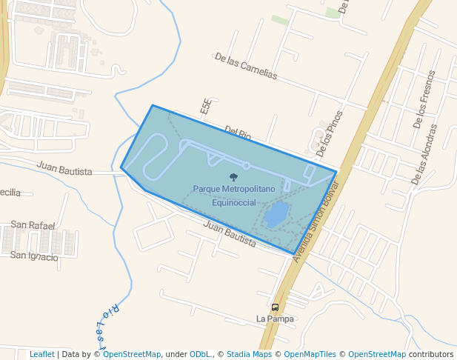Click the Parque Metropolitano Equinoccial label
234,196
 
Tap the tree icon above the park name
234,177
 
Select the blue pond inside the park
276,215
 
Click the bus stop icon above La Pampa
276,307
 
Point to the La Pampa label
275,319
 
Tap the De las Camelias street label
245,67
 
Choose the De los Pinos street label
329,133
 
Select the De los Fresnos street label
427,100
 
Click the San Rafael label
33,224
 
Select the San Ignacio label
34,256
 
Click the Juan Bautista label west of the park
64,171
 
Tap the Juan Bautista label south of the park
229,234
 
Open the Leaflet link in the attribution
41,354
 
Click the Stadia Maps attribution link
249,354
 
